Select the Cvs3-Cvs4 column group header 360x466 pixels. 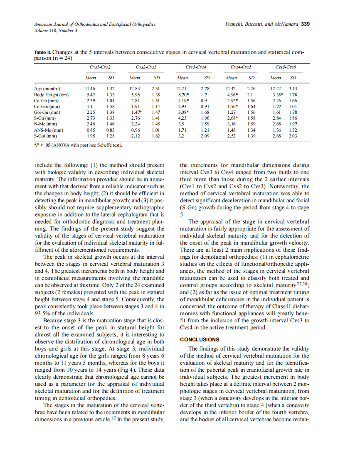coord(196,67)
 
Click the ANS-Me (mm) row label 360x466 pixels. coord(49,130)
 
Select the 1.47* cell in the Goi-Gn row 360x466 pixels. coord(137,112)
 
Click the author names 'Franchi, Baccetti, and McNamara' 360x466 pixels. coord(262,24)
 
